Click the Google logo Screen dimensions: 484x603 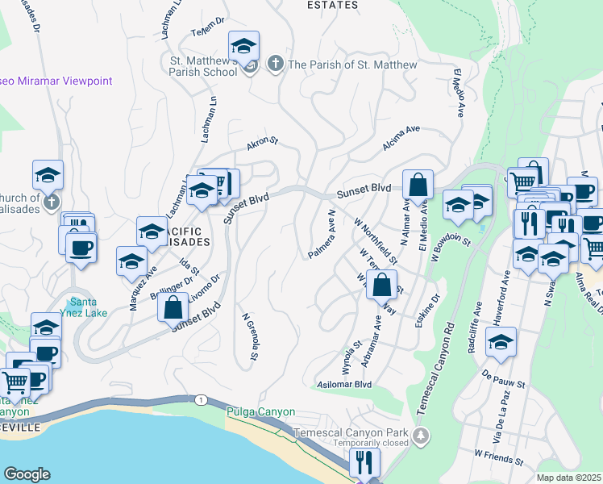pyautogui.click(x=27, y=474)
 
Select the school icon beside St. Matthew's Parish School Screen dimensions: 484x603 pyautogui.click(x=243, y=46)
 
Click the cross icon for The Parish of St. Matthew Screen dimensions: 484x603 pyautogui.click(x=276, y=65)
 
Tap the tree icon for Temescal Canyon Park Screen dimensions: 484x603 pyautogui.click(x=420, y=436)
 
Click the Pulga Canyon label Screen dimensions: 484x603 pyautogui.click(x=260, y=411)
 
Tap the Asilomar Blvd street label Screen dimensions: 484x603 pyautogui.click(x=345, y=385)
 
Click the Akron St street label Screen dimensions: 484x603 pyautogui.click(x=262, y=144)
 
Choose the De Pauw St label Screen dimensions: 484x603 pyautogui.click(x=504, y=374)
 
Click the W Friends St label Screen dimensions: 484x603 pyautogui.click(x=499, y=458)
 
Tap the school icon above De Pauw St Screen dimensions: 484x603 pyautogui.click(x=501, y=342)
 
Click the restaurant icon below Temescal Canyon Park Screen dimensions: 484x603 pyautogui.click(x=365, y=462)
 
